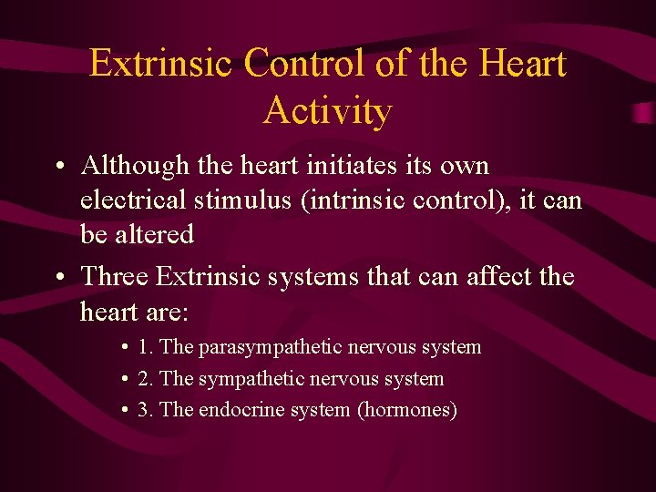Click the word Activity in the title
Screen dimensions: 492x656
click(328, 111)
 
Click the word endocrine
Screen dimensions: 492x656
click(241, 410)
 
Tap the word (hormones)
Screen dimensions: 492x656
click(406, 410)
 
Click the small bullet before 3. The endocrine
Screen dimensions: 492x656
click(124, 411)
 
